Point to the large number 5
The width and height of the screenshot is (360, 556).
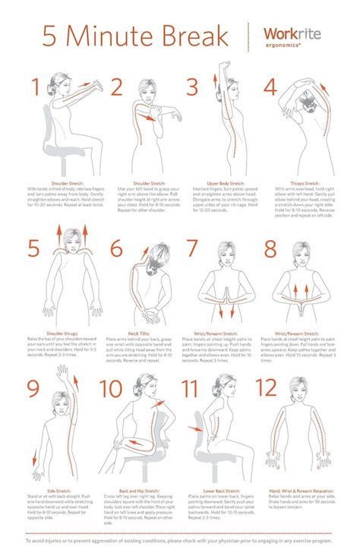[33, 248]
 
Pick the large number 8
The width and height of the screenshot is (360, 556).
[270, 249]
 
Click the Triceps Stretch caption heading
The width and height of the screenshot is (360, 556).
[305, 183]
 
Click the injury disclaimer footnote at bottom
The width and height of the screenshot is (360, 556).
[180, 541]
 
